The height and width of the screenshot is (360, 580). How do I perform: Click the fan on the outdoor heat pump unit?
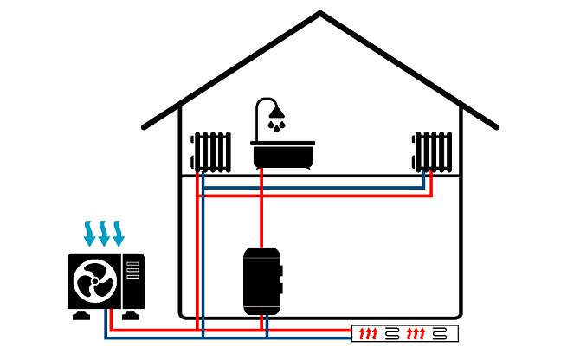click(94, 280)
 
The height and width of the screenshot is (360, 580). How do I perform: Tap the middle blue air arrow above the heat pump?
click(104, 232)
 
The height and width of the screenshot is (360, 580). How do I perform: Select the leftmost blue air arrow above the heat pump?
click(89, 232)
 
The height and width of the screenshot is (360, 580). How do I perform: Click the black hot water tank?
click(261, 281)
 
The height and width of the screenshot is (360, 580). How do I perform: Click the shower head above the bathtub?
click(275, 112)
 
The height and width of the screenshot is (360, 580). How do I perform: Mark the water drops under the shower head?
click(275, 126)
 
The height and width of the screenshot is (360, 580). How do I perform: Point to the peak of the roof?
click(320, 13)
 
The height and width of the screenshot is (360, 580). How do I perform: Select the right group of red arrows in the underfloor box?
click(416, 333)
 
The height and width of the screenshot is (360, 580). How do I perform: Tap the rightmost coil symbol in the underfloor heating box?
click(441, 333)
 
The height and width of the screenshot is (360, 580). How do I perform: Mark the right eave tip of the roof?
click(495, 126)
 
